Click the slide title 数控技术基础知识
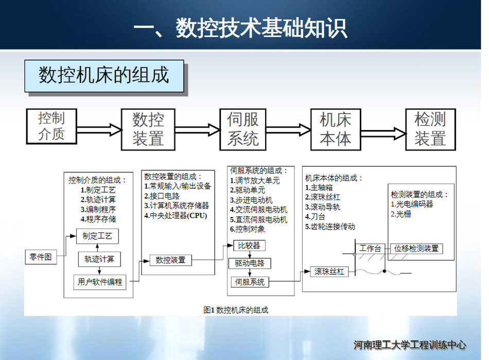(240, 28)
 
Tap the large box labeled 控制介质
(51, 126)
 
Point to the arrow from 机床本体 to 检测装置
(383, 132)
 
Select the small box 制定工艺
(97, 237)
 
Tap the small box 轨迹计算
(99, 259)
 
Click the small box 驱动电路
(250, 263)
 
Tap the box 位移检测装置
(416, 248)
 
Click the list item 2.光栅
(401, 213)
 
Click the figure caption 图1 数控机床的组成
(236, 310)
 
